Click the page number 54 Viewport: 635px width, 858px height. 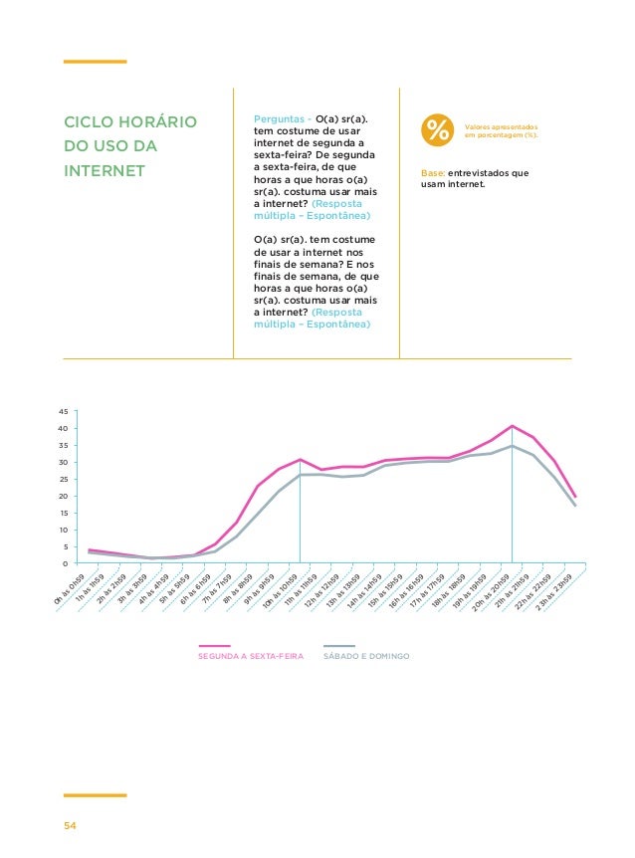(x=71, y=826)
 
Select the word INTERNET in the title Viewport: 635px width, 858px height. (x=104, y=171)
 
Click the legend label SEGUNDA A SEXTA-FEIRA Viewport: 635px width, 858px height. (x=251, y=657)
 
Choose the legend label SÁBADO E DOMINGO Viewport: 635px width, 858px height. (x=368, y=657)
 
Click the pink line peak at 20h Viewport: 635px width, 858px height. (x=512, y=426)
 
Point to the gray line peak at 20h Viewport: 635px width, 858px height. (x=512, y=446)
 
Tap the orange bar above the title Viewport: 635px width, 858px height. (x=95, y=62)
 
